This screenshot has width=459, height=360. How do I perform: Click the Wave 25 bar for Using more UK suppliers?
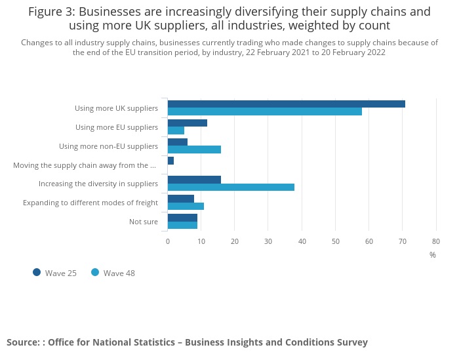pos(286,104)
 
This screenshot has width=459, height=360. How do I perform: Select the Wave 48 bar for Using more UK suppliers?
pos(264,111)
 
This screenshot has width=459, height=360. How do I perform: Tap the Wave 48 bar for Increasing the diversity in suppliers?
pos(231,187)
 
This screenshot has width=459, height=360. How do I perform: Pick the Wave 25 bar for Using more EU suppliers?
pos(188,123)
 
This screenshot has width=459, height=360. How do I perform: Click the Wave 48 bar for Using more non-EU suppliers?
pos(194,149)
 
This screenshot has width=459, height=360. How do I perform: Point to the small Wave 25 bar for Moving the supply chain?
pos(170,161)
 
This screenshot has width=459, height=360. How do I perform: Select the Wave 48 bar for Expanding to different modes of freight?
pos(186,206)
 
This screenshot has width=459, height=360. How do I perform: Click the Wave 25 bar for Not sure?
pos(182,217)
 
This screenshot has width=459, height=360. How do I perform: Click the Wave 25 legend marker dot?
pos(37,272)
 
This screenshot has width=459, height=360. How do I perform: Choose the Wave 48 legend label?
pos(119,273)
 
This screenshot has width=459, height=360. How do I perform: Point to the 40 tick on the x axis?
pos(302,241)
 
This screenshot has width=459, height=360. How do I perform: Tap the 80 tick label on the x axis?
pos(436,241)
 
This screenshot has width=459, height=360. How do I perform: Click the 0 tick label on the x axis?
pos(168,241)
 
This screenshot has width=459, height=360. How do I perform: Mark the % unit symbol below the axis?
pos(433,255)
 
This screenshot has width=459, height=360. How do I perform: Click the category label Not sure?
pos(144,222)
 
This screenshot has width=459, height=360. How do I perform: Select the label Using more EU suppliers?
pos(117,127)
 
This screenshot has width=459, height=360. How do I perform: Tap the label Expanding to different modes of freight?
pos(90,203)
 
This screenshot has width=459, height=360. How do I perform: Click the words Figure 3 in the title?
pos(51,12)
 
